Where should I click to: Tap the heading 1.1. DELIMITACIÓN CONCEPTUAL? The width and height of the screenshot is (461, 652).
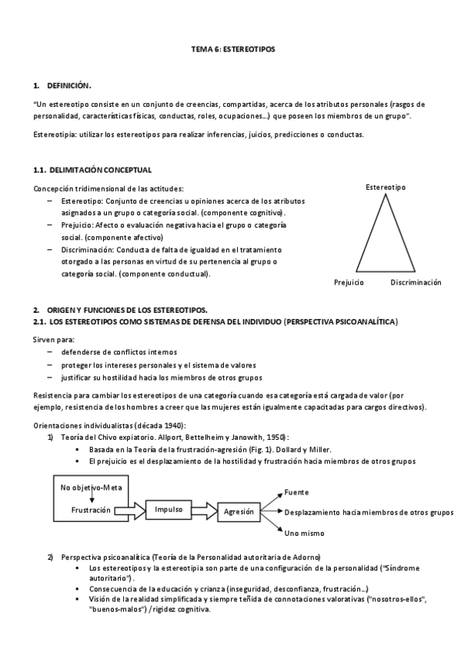pyautogui.click(x=92, y=169)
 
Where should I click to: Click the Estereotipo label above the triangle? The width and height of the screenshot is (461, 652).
pyautogui.click(x=386, y=187)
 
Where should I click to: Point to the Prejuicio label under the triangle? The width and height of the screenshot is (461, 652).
pyautogui.click(x=349, y=283)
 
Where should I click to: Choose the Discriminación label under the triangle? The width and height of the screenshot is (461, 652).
pyautogui.click(x=416, y=283)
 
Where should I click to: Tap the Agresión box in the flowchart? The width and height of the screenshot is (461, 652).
pyautogui.click(x=239, y=511)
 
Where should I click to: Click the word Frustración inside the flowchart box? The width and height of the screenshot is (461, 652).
pyautogui.click(x=91, y=509)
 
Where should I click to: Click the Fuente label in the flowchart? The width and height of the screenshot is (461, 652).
pyautogui.click(x=297, y=492)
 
